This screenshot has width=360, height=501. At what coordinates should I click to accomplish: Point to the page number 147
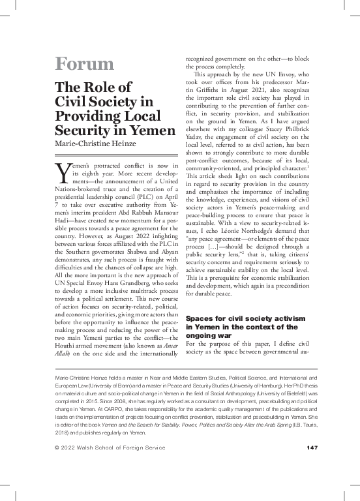[x=311, y=447]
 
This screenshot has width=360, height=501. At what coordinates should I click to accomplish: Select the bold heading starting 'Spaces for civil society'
[x=241, y=317]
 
